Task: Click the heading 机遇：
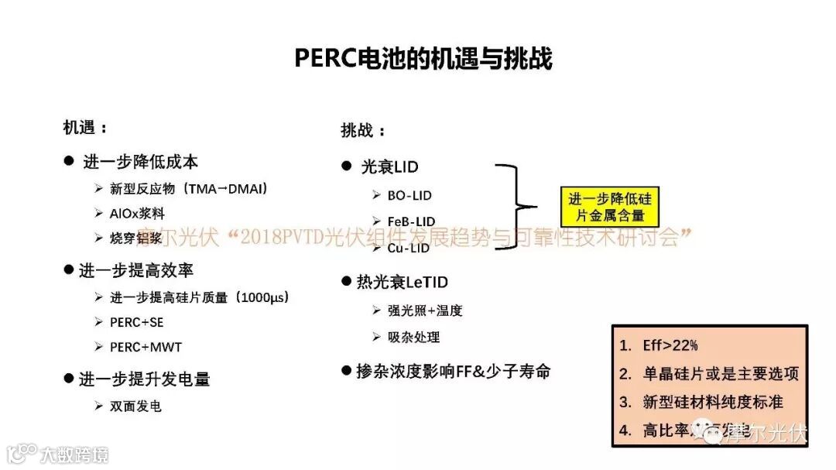[85, 128]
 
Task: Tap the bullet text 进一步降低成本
[140, 162]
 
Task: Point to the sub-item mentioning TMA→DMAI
[189, 188]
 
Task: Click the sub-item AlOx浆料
[137, 213]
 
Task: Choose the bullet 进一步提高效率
[136, 270]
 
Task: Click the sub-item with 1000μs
[199, 297]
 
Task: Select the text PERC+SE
[137, 322]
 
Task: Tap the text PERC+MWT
[146, 347]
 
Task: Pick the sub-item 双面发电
[135, 405]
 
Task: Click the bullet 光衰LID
[390, 166]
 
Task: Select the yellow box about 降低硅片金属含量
[610, 207]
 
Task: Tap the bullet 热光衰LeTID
[402, 282]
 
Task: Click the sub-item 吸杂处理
[413, 337]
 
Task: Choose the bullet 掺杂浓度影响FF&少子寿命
[453, 371]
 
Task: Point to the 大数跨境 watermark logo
[58, 453]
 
